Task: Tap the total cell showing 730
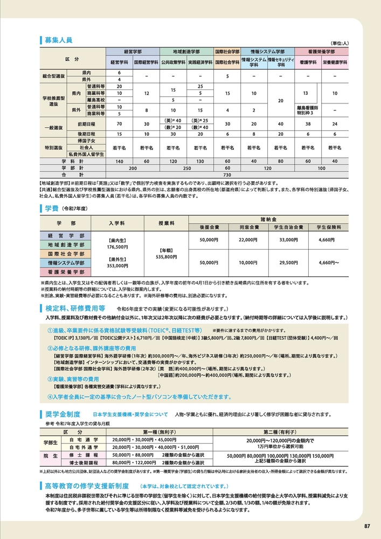click(227, 175)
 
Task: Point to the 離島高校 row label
click(96, 100)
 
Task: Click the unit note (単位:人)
click(339, 43)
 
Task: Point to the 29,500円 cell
click(289, 262)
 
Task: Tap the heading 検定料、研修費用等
click(74, 308)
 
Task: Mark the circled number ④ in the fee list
click(50, 396)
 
